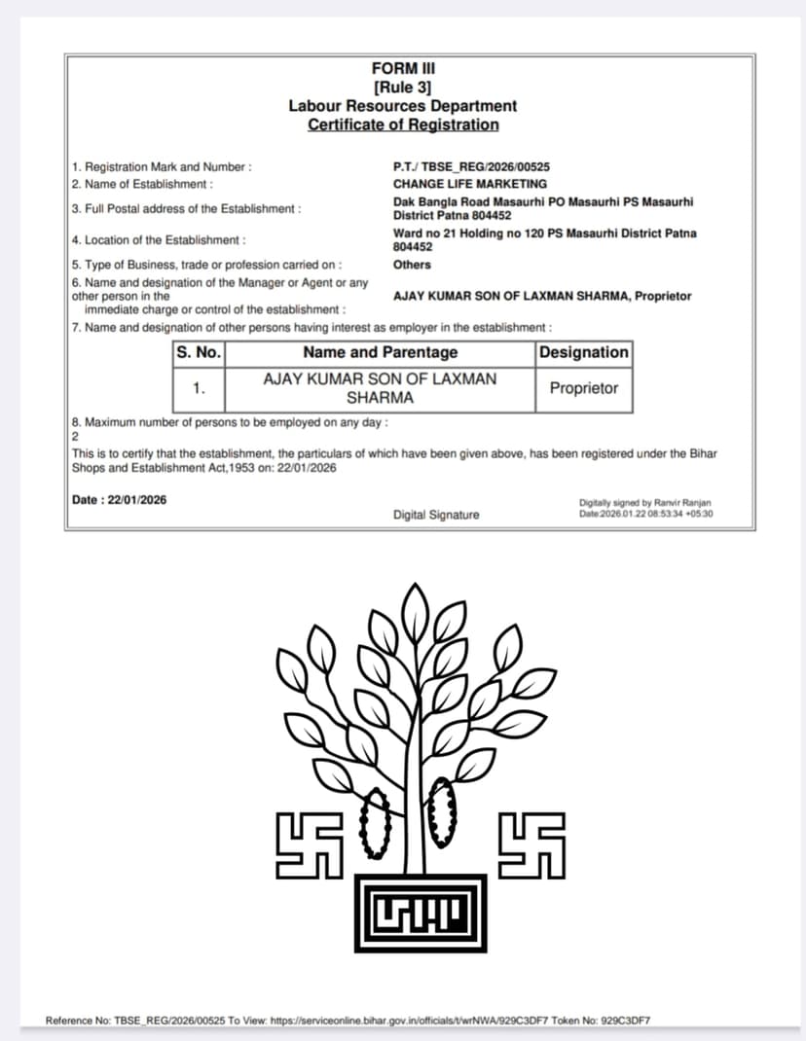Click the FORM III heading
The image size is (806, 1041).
403,68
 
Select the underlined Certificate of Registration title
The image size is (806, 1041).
403,125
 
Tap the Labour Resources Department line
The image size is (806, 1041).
403,105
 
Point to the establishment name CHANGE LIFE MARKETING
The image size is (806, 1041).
470,184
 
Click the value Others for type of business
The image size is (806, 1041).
412,265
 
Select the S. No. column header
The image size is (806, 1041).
199,352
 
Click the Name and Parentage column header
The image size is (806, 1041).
380,352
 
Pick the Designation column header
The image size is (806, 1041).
583,352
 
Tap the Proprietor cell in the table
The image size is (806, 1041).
583,388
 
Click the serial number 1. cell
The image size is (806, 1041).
199,388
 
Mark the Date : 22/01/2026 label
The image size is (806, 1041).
120,500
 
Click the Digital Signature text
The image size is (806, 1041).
436,515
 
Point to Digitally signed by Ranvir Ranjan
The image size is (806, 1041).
644,503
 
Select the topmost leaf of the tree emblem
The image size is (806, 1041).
416,608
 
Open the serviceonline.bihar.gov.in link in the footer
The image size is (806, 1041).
409,1021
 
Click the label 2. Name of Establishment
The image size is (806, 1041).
143,184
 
